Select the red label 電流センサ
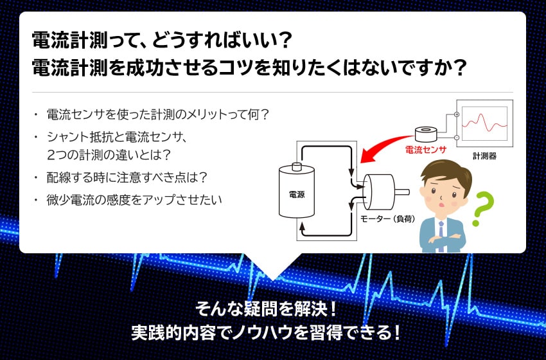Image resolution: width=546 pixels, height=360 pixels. pyautogui.click(x=425, y=150)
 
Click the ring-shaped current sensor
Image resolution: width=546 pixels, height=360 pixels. pyautogui.click(x=426, y=134)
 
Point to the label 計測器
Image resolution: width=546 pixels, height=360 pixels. pyautogui.click(x=484, y=156)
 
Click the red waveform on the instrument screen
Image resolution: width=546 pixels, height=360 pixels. pyautogui.click(x=484, y=122)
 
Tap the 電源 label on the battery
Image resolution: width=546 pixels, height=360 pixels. pyautogui.click(x=297, y=195)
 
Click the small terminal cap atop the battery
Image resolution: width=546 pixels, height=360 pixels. pyautogui.click(x=297, y=166)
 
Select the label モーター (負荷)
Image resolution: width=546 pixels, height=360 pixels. pyautogui.click(x=387, y=219)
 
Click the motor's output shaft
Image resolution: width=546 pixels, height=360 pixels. pyautogui.click(x=402, y=192)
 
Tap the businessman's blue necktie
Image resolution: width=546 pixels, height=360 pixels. pyautogui.click(x=441, y=235)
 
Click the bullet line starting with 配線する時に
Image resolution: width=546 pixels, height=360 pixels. pyautogui.click(x=127, y=177)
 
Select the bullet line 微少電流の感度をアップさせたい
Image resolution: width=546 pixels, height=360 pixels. pyautogui.click(x=134, y=200)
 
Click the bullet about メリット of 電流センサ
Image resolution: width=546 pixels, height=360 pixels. pyautogui.click(x=158, y=114)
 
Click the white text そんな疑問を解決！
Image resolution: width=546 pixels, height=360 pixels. pyautogui.click(x=267, y=309)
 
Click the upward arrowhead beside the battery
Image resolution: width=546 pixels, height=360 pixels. pyautogui.click(x=303, y=226)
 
